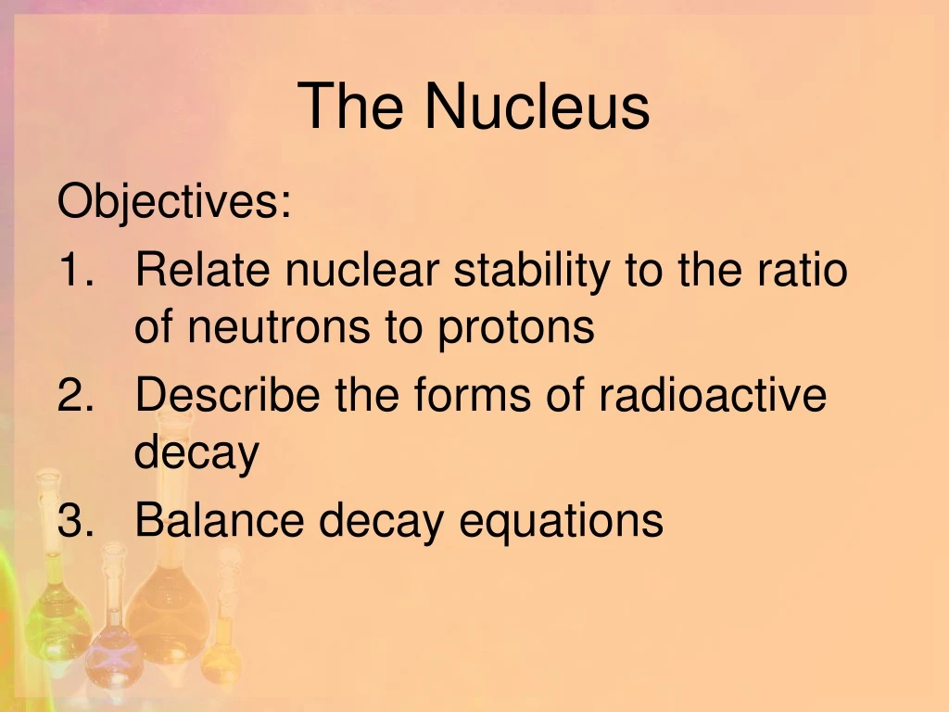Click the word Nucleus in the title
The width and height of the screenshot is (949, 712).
[x=538, y=106]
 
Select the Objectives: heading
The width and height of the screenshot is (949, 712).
[x=174, y=202]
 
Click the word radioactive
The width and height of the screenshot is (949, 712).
[x=712, y=396]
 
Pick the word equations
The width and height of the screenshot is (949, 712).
[x=562, y=521]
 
